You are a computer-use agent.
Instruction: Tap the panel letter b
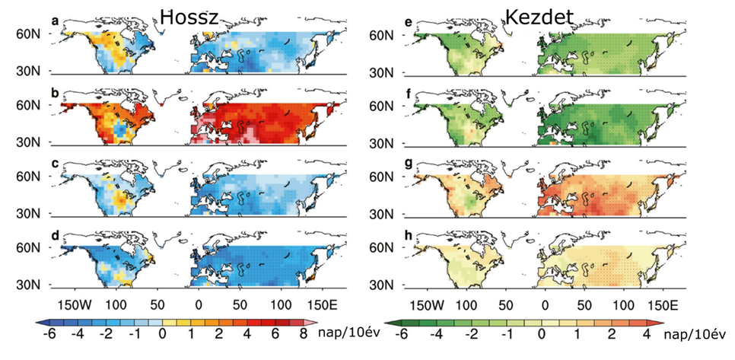(55, 93)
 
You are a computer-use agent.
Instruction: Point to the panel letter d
(55, 234)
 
